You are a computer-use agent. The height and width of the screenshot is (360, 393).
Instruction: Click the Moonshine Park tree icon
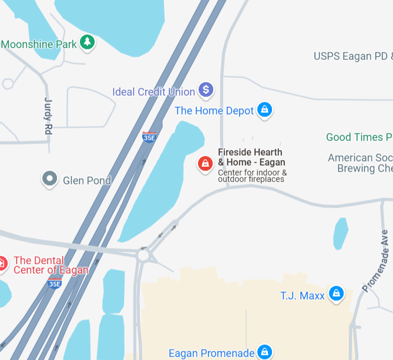(x=88, y=42)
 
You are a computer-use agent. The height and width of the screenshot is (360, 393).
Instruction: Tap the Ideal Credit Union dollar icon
(x=206, y=90)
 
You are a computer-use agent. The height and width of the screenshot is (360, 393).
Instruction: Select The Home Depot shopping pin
(x=265, y=109)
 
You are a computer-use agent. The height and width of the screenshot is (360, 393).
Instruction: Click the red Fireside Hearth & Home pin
(x=205, y=163)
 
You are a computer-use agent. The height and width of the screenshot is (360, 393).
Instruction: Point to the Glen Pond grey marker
(x=50, y=179)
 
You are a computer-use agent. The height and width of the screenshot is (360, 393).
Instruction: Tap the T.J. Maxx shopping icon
(x=336, y=293)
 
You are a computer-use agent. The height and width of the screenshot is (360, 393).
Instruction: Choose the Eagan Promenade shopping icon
(x=265, y=352)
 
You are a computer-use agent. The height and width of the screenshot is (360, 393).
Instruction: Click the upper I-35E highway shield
(x=149, y=137)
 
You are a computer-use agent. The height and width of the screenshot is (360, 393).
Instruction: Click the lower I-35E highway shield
(x=55, y=284)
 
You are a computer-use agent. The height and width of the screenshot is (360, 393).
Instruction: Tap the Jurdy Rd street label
(x=48, y=116)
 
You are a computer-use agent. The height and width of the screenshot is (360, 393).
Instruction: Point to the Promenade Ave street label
(x=376, y=261)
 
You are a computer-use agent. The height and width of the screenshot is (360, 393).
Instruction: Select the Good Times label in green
(x=359, y=137)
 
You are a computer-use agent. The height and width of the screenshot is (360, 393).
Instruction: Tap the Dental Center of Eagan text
(x=51, y=265)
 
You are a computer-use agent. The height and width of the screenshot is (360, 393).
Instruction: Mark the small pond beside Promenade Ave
(x=340, y=233)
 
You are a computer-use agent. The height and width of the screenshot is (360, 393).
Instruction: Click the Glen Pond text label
(x=86, y=180)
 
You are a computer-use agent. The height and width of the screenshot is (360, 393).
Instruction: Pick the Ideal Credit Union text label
(x=153, y=92)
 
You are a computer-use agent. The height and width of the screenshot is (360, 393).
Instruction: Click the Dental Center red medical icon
(x=2, y=264)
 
